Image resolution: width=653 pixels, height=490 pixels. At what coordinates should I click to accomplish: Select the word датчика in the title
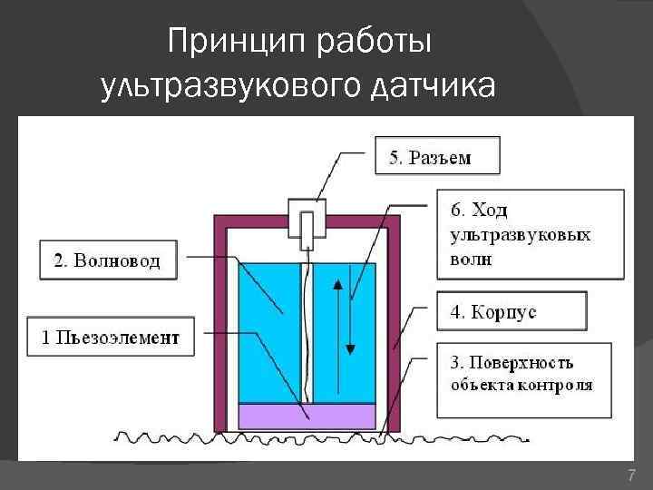(433, 85)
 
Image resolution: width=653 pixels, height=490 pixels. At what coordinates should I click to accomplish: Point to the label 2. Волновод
(108, 261)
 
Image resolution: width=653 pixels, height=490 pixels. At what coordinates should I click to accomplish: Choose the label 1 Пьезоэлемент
(112, 338)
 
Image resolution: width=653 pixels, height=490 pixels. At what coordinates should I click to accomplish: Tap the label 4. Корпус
(511, 312)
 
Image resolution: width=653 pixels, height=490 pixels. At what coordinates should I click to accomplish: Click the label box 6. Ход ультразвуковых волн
(530, 233)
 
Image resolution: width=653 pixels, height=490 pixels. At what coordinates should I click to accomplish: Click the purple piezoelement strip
(307, 416)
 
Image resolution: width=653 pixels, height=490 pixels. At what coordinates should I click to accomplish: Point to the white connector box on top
(309, 220)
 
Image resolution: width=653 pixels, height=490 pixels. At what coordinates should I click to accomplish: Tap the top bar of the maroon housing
(307, 220)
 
